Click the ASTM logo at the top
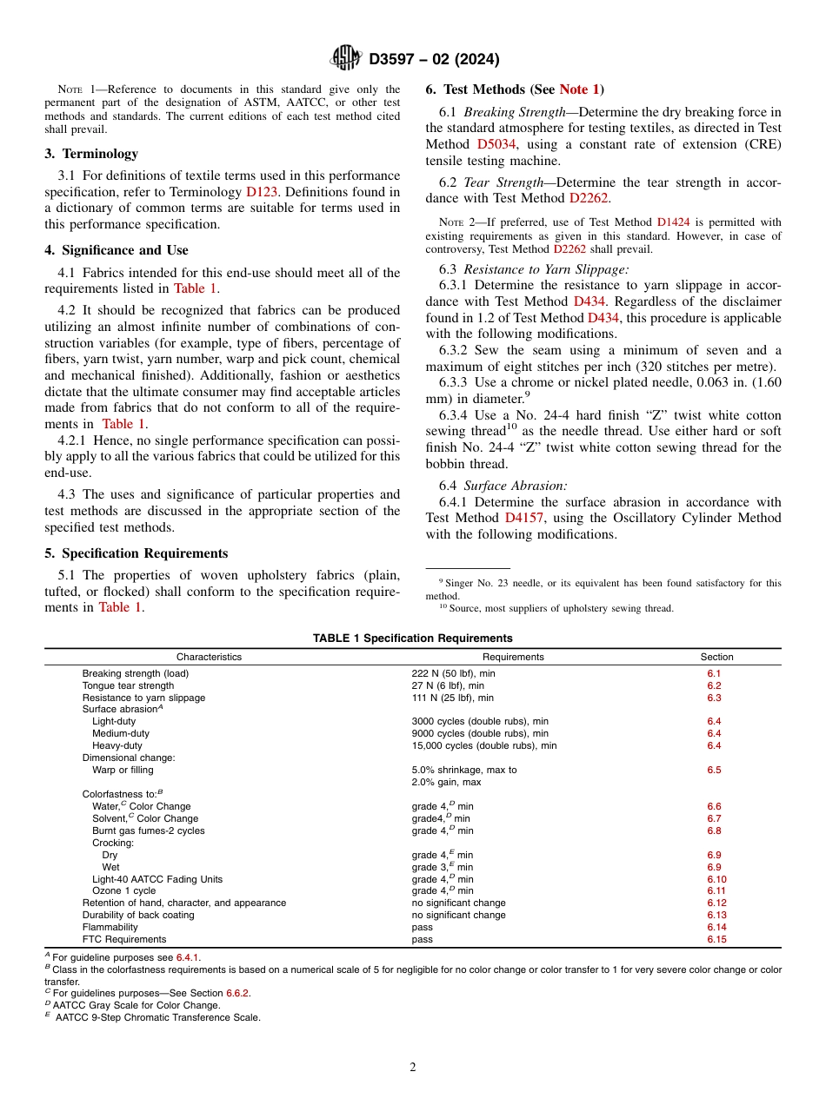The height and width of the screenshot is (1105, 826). tap(346, 58)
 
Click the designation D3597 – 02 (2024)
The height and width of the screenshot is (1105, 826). tap(434, 59)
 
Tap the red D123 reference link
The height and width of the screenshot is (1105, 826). tap(261, 192)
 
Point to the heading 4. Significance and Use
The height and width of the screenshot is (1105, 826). tap(117, 250)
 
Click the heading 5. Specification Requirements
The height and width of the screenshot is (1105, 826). tap(137, 553)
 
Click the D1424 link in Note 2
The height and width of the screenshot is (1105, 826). tap(674, 222)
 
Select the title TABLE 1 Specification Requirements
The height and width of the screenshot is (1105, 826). tap(412, 639)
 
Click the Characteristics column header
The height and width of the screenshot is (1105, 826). tap(209, 657)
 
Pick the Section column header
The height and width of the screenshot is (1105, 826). tap(716, 657)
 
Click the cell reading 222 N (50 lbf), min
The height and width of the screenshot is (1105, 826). tap(452, 673)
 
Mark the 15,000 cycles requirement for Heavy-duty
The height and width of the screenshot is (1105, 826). tap(483, 745)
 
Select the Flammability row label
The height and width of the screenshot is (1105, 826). tap(110, 927)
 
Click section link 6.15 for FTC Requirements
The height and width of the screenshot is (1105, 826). tap(716, 939)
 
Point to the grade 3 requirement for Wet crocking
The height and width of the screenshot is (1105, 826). tap(442, 867)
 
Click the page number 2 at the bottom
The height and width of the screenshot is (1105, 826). tap(413, 1068)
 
